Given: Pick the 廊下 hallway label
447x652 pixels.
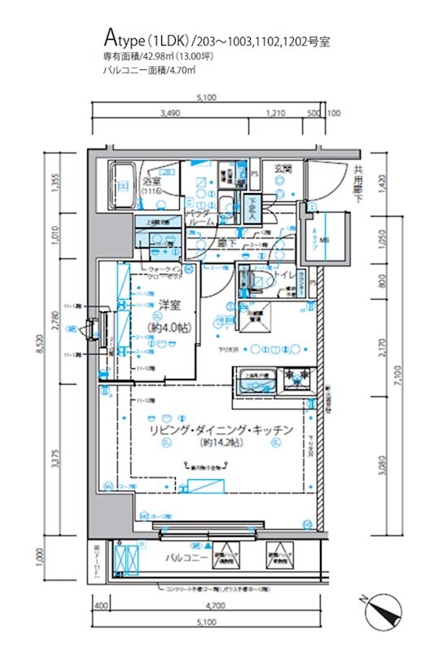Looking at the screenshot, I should pos(226,242).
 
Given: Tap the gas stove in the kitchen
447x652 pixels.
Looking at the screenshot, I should pos(291,381).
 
